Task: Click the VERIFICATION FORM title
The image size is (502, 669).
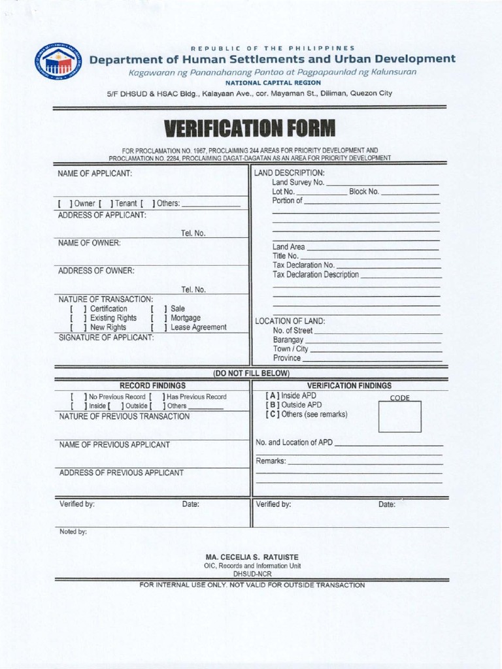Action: pyautogui.click(x=250, y=128)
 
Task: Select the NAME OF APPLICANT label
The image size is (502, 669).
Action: pyautogui.click(x=95, y=174)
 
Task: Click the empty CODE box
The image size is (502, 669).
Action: pyautogui.click(x=399, y=417)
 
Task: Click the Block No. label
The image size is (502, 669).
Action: pyautogui.click(x=363, y=191)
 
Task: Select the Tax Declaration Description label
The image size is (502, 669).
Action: pyautogui.click(x=316, y=275)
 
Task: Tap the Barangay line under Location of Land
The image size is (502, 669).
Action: pyautogui.click(x=373, y=340)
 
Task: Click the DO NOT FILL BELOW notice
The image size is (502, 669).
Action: pyautogui.click(x=251, y=373)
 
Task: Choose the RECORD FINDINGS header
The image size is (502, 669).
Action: pyautogui.click(x=152, y=385)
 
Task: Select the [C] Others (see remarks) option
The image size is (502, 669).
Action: pyautogui.click(x=306, y=414)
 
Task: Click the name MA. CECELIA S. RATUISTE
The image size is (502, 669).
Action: pyautogui.click(x=252, y=557)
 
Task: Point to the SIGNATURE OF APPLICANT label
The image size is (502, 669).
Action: pyautogui.click(x=106, y=337)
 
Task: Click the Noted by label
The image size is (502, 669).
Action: pyautogui.click(x=73, y=532)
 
